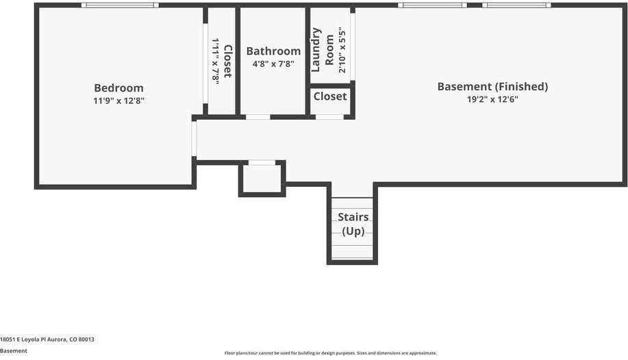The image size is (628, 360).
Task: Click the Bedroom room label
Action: click(x=118, y=88)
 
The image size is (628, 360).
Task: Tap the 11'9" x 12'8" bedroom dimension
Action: click(x=118, y=101)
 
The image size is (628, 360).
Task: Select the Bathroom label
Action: click(x=273, y=51)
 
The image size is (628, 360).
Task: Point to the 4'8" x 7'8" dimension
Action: click(x=273, y=64)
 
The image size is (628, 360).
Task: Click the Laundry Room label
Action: click(x=323, y=50)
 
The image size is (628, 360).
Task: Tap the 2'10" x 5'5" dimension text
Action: click(x=342, y=50)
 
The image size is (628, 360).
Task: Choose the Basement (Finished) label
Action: click(x=492, y=86)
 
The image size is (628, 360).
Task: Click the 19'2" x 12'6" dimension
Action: click(x=492, y=99)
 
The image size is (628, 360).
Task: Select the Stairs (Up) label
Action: click(x=353, y=224)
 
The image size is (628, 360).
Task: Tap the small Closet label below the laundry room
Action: click(x=330, y=97)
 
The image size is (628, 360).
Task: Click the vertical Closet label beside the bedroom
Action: click(x=227, y=61)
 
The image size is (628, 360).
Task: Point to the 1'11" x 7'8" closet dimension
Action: click(x=215, y=62)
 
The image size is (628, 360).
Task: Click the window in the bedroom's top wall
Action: click(x=120, y=5)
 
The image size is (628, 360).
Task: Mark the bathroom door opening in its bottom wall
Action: click(x=258, y=117)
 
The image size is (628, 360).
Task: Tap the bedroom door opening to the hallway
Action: click(x=194, y=138)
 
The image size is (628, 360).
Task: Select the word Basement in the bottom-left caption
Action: click(x=14, y=351)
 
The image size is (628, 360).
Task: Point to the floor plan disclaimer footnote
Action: click(x=330, y=352)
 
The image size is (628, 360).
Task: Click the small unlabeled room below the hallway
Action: click(x=262, y=179)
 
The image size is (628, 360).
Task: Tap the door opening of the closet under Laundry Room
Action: click(x=329, y=117)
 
